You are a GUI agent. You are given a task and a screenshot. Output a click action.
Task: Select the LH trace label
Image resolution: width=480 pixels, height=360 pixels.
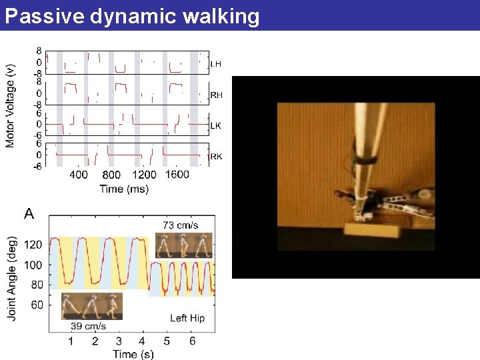(x=215, y=64)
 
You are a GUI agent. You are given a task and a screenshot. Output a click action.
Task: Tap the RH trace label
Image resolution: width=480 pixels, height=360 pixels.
(x=216, y=95)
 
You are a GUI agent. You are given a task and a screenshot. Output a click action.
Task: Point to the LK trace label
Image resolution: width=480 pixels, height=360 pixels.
(x=215, y=125)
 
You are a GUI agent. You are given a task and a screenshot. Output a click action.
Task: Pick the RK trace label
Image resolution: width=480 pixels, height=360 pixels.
(x=216, y=157)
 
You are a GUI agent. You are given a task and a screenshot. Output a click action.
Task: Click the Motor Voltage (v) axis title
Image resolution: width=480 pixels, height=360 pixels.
(x=11, y=105)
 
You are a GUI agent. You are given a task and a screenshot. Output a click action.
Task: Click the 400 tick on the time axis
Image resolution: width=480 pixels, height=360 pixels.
(x=78, y=175)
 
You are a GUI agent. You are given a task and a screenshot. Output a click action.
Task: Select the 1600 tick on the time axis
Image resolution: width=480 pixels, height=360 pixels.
(x=177, y=175)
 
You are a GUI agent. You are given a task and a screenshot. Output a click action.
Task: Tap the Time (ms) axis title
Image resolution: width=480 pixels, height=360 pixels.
(x=124, y=189)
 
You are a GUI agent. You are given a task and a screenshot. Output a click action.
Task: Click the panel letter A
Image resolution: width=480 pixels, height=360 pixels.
(x=29, y=214)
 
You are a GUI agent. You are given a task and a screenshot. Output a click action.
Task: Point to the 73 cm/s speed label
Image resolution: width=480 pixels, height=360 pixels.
(x=180, y=225)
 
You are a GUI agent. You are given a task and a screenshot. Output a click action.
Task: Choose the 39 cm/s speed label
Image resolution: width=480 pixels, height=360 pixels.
(x=89, y=326)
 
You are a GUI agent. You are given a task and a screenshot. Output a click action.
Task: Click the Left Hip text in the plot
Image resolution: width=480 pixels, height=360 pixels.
(x=187, y=318)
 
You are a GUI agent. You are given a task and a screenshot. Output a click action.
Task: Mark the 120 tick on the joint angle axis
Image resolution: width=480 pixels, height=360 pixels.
(x=34, y=245)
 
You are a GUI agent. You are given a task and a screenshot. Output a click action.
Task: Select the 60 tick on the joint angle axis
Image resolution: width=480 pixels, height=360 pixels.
(x=37, y=305)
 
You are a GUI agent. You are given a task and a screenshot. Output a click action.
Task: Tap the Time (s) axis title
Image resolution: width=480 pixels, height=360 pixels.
(x=133, y=354)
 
